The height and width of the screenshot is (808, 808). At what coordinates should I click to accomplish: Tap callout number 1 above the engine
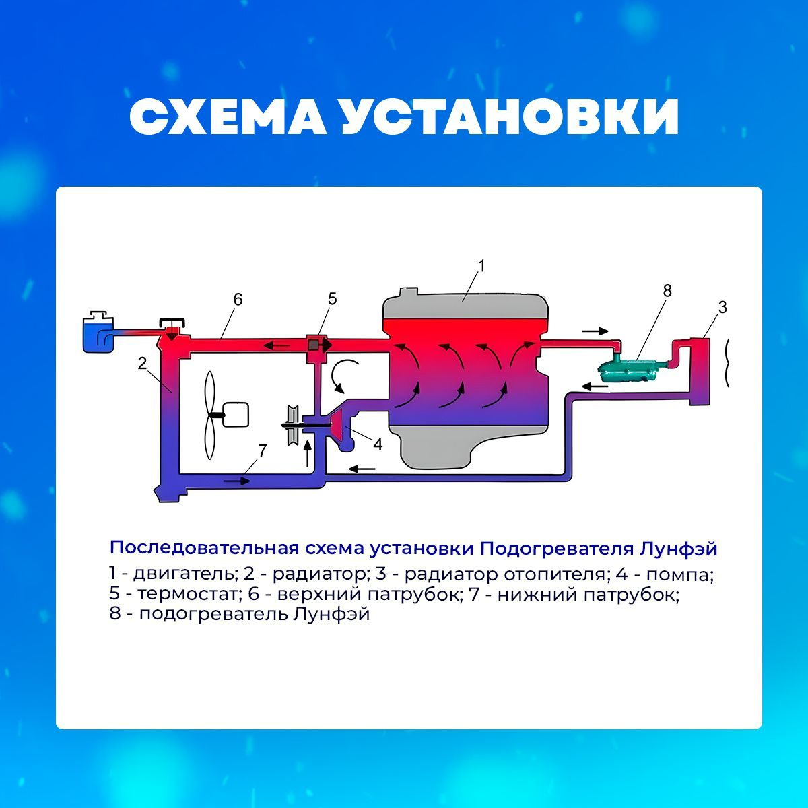481,266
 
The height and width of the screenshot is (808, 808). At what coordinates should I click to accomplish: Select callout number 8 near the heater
667,291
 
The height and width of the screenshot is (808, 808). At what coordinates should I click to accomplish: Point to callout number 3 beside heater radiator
722,307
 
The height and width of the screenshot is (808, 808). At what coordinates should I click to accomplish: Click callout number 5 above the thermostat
332,299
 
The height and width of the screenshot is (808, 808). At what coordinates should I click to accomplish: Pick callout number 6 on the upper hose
238,300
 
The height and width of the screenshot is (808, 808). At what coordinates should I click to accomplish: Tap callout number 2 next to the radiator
143,363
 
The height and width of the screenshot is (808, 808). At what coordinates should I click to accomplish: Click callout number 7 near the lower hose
263,450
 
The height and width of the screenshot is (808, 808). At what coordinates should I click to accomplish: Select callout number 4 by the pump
378,444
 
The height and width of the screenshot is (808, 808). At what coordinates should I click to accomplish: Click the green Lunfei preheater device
628,368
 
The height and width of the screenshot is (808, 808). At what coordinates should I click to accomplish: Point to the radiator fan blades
209,415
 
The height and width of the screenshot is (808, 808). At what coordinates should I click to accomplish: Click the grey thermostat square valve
313,345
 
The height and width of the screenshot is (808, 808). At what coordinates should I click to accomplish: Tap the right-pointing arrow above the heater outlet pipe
595,331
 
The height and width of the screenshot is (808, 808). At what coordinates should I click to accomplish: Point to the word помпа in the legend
679,575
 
